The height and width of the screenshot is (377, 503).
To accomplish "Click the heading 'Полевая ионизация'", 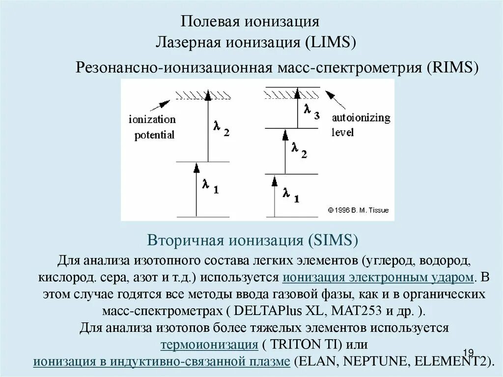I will coord(251,22).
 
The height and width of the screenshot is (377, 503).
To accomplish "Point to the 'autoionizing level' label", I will coord(361,125).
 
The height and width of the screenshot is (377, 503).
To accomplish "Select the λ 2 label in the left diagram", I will coord(221,129).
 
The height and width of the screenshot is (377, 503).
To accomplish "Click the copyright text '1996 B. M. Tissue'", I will coord(358,210).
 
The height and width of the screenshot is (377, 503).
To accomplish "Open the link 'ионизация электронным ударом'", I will coord(378,277).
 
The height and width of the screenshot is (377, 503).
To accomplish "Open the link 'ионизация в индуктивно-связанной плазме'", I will coord(162,361).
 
